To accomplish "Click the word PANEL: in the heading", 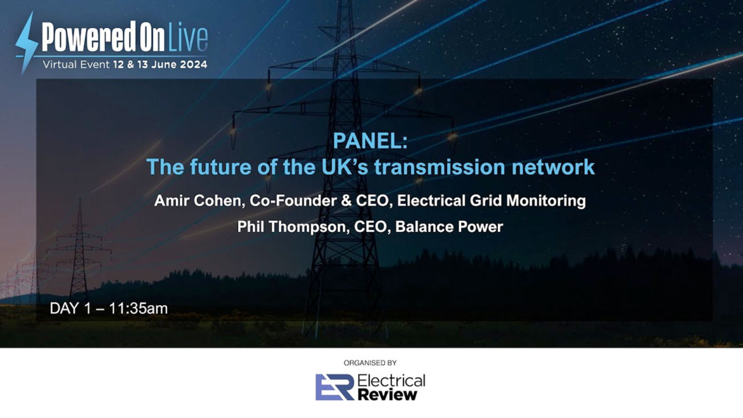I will (x=370, y=142).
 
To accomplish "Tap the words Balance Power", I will (x=449, y=227).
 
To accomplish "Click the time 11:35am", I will (x=138, y=309).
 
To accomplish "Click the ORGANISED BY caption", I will (x=370, y=363).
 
